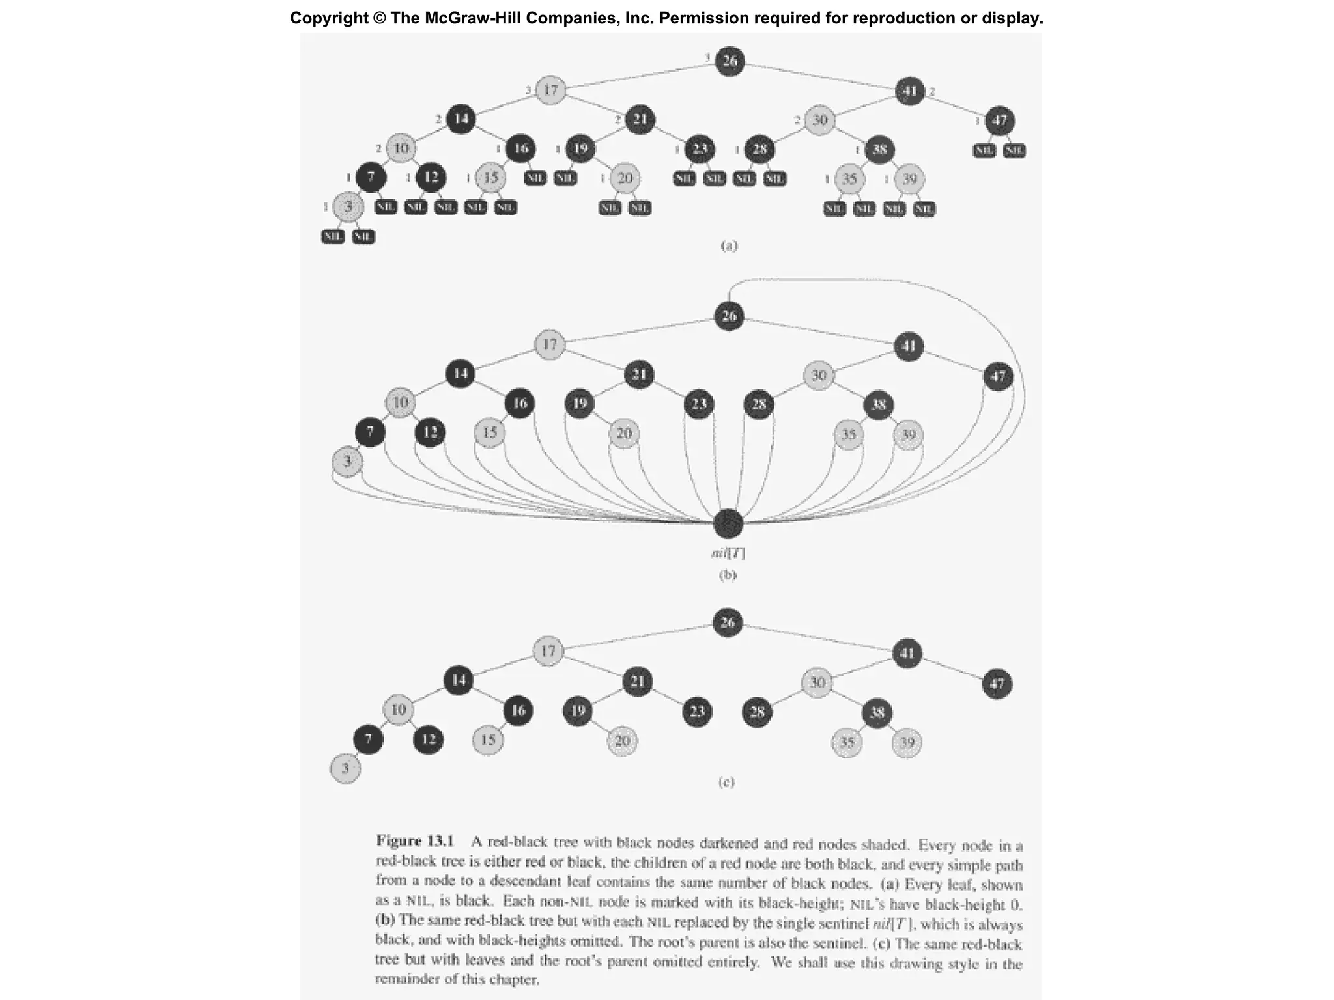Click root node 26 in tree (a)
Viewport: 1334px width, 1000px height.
730,61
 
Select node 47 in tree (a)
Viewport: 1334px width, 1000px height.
999,120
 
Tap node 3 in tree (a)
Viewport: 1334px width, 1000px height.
348,206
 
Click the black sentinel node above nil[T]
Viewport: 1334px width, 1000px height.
728,522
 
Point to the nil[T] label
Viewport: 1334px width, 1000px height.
728,553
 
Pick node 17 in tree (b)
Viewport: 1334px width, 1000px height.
550,344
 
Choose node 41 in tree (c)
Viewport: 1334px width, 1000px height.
907,653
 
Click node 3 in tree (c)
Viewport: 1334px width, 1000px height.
345,768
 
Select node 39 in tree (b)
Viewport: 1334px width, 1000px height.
908,434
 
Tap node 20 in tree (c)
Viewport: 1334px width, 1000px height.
622,741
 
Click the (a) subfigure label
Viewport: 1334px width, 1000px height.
729,245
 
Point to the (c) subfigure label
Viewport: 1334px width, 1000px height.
726,782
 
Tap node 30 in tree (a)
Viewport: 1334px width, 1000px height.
819,120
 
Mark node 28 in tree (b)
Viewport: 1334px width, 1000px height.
759,404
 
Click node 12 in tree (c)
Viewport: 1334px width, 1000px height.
428,740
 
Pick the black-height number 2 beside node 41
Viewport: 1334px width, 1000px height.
933,92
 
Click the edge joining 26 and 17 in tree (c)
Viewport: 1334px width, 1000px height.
638,637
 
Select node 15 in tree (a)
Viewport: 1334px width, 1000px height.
490,178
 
